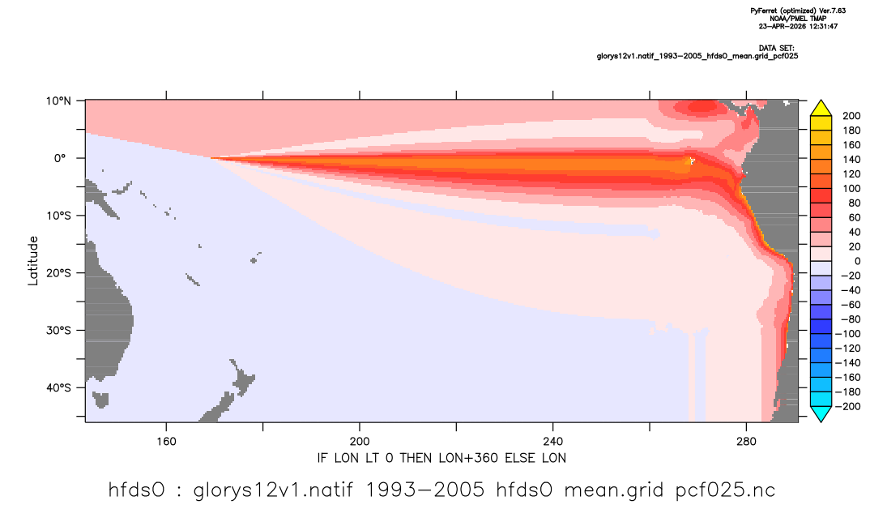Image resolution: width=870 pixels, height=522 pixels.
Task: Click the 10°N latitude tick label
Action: pyautogui.click(x=58, y=101)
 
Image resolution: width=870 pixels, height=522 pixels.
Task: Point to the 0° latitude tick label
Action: pyautogui.click(x=61, y=158)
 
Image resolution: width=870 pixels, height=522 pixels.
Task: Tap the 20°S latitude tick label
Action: pyautogui.click(x=58, y=272)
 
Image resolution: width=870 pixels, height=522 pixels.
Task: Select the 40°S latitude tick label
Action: pyautogui.click(x=58, y=387)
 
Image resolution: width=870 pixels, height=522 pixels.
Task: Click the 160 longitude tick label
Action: pyautogui.click(x=166, y=442)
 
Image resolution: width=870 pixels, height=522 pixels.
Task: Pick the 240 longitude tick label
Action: pyautogui.click(x=553, y=442)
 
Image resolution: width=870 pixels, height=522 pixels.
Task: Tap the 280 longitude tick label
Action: pyautogui.click(x=746, y=442)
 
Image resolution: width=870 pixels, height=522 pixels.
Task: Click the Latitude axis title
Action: pyautogui.click(x=33, y=261)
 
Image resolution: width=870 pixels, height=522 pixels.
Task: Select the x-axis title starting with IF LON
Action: pyautogui.click(x=441, y=458)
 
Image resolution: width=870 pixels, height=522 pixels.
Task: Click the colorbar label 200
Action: pyautogui.click(x=851, y=116)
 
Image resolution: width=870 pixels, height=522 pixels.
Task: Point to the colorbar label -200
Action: pyautogui.click(x=848, y=406)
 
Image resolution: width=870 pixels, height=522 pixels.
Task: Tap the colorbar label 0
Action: pyautogui.click(x=857, y=261)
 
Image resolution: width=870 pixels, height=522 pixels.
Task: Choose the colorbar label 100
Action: pyautogui.click(x=851, y=188)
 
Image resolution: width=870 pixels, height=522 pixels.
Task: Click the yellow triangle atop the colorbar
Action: pyautogui.click(x=821, y=109)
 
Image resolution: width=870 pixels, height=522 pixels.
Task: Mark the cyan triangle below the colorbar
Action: pyautogui.click(x=821, y=413)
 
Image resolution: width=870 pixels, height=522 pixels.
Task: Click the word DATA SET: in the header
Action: pyautogui.click(x=776, y=49)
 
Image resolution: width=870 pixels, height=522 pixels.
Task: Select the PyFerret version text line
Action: pyautogui.click(x=798, y=11)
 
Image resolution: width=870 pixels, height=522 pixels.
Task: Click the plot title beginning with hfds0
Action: pyautogui.click(x=441, y=490)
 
